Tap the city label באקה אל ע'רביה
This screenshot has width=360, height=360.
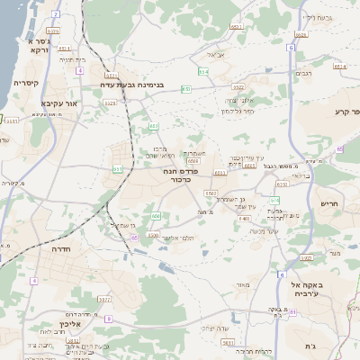pos(312,289)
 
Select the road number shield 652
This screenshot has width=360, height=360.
pos(186,88)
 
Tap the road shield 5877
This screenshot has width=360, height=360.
pos(103,299)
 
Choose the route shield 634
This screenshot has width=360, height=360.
pos(203,71)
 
